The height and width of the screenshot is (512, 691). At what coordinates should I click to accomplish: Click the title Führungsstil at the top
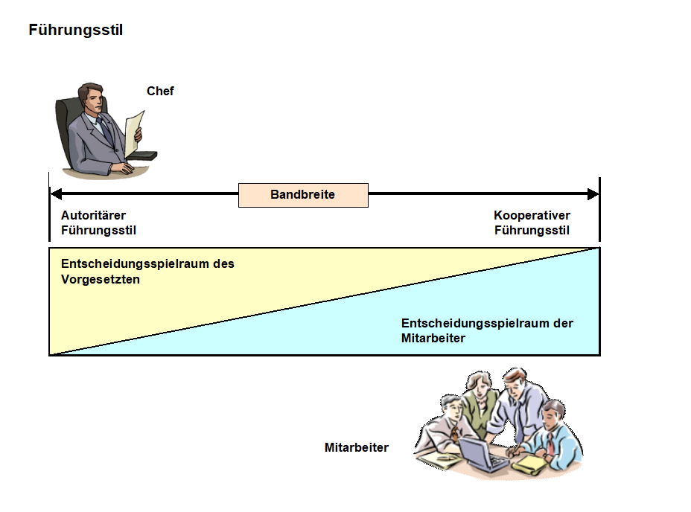tap(75, 30)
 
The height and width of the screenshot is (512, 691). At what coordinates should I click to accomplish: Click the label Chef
tap(160, 92)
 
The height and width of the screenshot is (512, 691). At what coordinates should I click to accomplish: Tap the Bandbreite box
tap(303, 195)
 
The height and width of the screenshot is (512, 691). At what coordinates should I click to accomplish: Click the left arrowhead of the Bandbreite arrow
tap(56, 193)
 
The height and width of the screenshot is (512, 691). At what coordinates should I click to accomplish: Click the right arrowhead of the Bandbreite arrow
tap(593, 193)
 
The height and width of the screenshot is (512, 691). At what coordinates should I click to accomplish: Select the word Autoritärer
tap(93, 216)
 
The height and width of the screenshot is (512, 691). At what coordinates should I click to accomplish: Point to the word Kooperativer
tap(532, 216)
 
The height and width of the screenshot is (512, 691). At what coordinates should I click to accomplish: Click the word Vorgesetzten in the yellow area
tap(101, 279)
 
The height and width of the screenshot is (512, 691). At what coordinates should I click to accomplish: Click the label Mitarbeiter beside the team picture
tap(357, 448)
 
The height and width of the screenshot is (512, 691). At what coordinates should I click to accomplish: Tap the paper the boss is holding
tap(134, 134)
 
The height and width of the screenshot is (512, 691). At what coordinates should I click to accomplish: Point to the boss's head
tap(92, 97)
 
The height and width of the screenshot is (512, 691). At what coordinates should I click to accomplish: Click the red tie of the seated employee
tap(550, 444)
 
